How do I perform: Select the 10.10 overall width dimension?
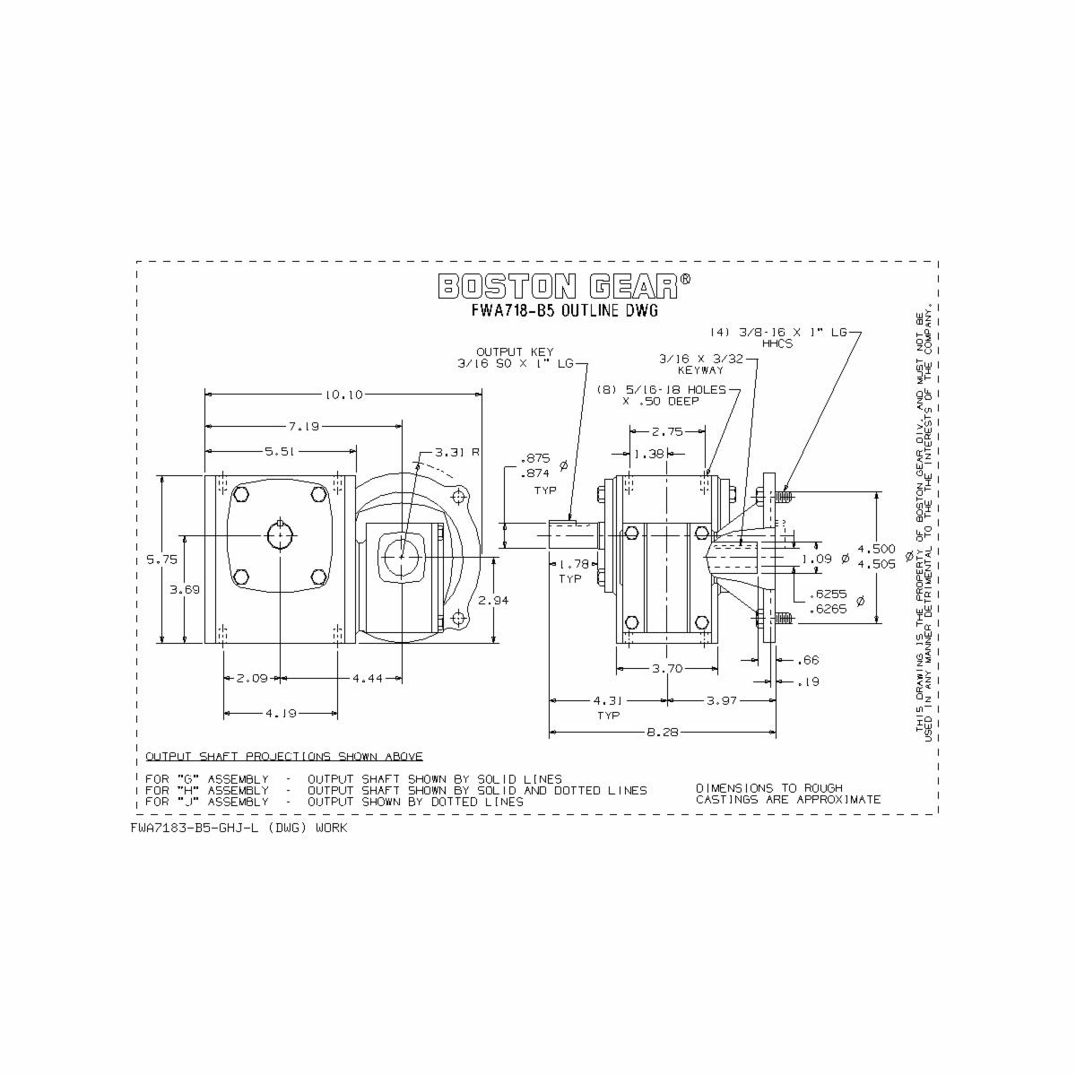pos(344,394)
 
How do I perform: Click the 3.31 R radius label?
pos(457,452)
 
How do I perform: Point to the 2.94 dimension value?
pos(493,600)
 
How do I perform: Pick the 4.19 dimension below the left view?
pos(281,714)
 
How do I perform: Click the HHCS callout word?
pos(777,343)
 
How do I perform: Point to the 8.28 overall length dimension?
pos(662,733)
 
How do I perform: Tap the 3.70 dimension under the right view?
pos(666,668)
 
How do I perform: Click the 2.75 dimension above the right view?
pos(667,431)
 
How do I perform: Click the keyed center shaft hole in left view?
pos(281,536)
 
